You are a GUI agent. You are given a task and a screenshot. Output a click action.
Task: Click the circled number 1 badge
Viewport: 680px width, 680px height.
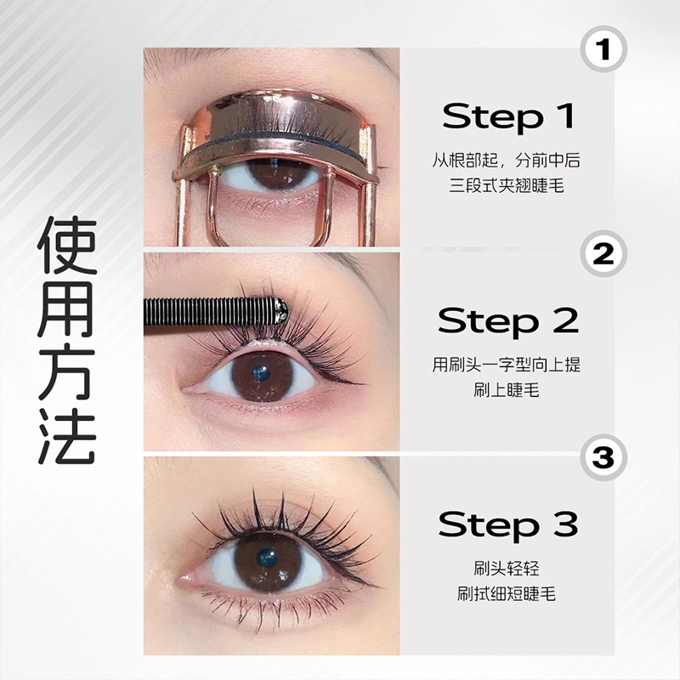pos(603,49)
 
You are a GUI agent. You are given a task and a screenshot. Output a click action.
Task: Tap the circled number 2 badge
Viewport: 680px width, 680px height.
pos(603,254)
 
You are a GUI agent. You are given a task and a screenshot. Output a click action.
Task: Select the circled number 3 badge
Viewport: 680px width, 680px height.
pos(603,457)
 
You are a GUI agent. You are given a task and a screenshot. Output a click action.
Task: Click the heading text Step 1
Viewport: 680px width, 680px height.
pos(507,116)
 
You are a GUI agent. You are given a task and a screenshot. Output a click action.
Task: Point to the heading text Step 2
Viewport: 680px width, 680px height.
pos(507,320)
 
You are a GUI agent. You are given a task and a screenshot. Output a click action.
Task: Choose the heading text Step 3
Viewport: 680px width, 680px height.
pos(507,524)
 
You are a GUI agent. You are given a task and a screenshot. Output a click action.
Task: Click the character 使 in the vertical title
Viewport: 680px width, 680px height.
pos(67,246)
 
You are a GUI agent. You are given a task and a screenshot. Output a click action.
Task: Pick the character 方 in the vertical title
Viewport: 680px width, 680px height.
pos(67,372)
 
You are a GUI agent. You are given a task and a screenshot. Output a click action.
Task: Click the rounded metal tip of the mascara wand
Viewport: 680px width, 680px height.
pos(279,310)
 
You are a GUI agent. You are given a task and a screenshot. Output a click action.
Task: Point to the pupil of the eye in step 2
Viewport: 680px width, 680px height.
pos(261,373)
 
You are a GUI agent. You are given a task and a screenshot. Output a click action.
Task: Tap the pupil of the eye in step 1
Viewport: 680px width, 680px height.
pos(273,167)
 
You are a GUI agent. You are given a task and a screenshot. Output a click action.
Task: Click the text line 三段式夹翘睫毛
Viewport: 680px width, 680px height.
pos(507,186)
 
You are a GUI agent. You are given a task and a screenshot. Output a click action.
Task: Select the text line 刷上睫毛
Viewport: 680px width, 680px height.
pos(507,390)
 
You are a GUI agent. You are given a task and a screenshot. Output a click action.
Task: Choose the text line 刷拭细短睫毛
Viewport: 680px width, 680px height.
pos(507,593)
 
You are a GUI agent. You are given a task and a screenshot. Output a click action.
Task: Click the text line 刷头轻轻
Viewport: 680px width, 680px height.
pos(507,568)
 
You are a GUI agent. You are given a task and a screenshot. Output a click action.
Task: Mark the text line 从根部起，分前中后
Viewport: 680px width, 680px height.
pos(507,161)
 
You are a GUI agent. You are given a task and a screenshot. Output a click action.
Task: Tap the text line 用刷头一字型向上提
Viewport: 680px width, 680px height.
pos(507,365)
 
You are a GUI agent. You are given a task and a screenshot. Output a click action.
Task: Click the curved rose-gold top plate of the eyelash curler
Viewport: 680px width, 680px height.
pos(278,114)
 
